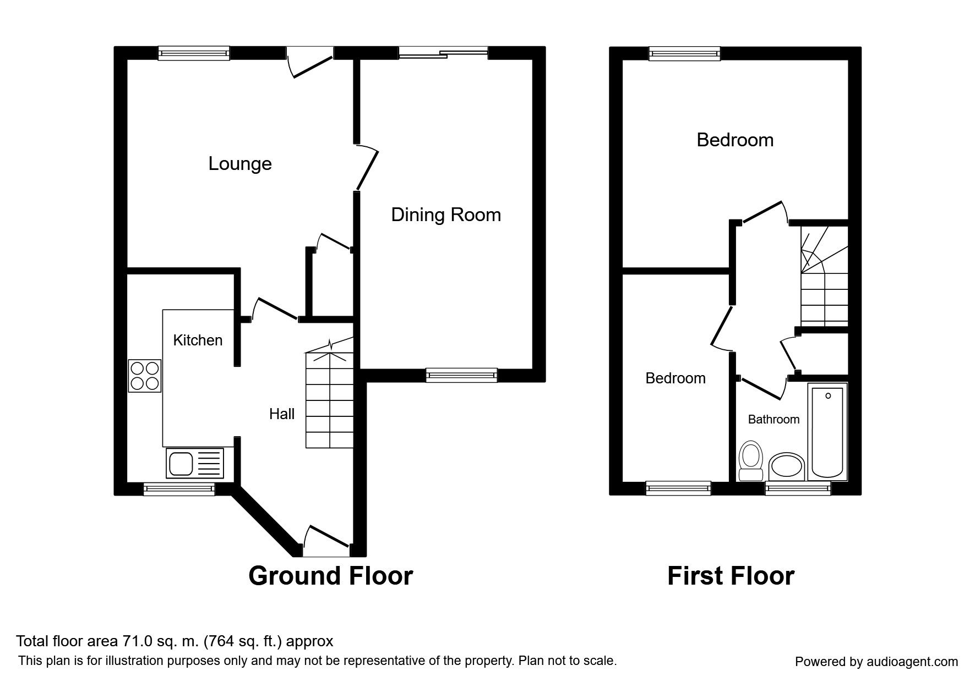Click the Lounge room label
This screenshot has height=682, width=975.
coord(240,164)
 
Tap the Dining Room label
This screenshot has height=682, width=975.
coord(446,215)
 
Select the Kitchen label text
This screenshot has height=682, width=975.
coord(198,340)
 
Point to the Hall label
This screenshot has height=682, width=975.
coord(282,414)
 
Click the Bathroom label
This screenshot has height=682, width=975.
coord(774,419)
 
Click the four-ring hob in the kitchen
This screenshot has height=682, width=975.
coord(145,376)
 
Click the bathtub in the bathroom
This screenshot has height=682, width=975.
coord(828,432)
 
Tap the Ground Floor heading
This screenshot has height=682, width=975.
coord(330,576)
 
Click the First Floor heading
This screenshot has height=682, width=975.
coord(731,576)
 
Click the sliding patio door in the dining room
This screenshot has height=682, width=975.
coord(443,53)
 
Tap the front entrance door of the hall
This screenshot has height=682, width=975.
coord(326,542)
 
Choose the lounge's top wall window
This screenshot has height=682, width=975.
coord(193,53)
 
